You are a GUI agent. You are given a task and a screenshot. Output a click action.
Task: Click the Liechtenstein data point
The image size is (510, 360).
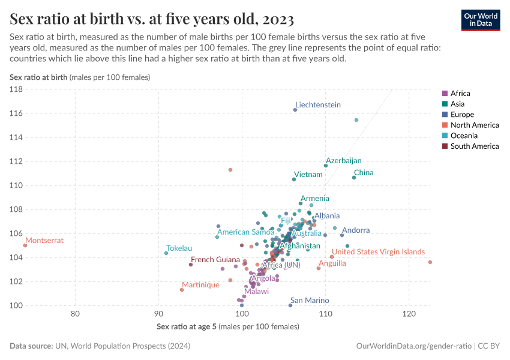coord(295,110)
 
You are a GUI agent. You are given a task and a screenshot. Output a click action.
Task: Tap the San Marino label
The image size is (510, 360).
coord(310,300)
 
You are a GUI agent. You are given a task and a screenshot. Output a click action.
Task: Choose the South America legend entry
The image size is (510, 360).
coord(474,146)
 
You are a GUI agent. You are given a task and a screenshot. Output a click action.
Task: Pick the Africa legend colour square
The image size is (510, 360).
coord(445,94)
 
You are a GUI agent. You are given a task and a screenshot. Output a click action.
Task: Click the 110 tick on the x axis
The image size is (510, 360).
coord(325,314)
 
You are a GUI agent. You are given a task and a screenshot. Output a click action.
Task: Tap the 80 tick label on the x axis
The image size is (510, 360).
coord(76,314)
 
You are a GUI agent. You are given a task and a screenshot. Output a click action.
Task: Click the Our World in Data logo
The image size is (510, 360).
coord(480,19)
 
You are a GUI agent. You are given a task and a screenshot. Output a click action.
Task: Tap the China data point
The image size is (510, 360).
coord(354,178)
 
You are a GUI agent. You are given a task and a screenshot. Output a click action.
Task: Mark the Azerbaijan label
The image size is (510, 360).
coord(344,161)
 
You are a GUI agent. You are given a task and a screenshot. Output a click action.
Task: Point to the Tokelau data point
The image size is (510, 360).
coord(166,253)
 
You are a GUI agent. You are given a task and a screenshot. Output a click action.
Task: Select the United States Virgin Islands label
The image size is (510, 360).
coord(379,252)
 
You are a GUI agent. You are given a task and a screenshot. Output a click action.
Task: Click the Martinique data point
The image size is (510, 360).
coord(182,290)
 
